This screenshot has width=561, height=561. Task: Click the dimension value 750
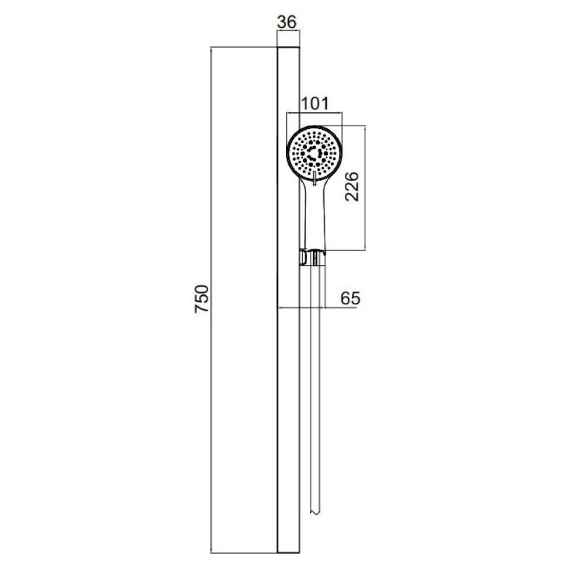(x=201, y=299)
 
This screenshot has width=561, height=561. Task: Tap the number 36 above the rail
(x=287, y=22)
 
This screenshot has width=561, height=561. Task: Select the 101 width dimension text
(x=314, y=104)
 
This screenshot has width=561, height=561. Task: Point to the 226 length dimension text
(x=351, y=187)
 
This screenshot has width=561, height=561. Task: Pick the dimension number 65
(x=350, y=297)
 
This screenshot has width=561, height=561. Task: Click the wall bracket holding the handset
(x=312, y=257)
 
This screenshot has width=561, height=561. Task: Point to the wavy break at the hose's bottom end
(x=314, y=513)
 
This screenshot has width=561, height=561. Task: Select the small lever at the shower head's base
(x=314, y=178)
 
